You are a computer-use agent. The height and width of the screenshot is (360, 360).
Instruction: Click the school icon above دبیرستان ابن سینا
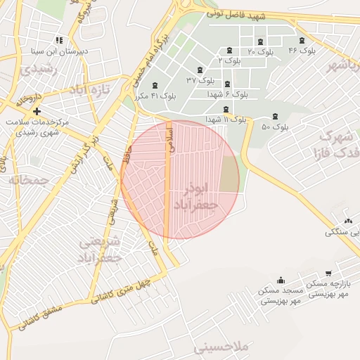59,40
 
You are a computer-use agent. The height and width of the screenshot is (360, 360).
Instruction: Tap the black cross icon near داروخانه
37,111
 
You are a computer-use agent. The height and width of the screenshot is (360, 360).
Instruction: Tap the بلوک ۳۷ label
200,80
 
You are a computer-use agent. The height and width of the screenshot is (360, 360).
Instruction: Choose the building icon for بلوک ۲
230,50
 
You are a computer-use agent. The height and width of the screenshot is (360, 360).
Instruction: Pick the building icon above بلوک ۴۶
302,40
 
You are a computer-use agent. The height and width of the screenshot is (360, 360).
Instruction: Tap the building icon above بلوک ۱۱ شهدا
226,109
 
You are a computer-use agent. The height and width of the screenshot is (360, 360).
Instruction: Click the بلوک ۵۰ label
275,127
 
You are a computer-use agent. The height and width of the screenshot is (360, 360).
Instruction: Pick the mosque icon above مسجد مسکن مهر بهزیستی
281,280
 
